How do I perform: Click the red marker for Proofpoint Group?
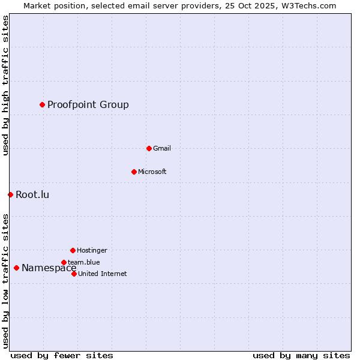pos(42,104)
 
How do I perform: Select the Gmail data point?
pos(149,148)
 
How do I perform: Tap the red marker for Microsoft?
pos(134,172)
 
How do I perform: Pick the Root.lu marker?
pos(10,194)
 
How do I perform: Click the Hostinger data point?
pos(73,250)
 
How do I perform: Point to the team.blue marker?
pos(64,262)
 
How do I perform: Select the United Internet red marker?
pos(74,274)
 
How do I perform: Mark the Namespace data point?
pos(16,268)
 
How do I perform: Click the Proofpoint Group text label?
pos(88,105)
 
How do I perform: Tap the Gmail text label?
pos(162,149)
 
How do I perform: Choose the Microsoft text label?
pos(152,172)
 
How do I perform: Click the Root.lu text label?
pos(32,194)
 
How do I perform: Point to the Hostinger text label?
pos(92,251)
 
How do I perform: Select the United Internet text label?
pos(103,274)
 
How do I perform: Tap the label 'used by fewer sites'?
pos(62,355)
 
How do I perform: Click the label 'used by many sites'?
pos(301,355)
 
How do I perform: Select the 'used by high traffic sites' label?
pos(5,85)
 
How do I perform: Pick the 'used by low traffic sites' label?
pos(5,281)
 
